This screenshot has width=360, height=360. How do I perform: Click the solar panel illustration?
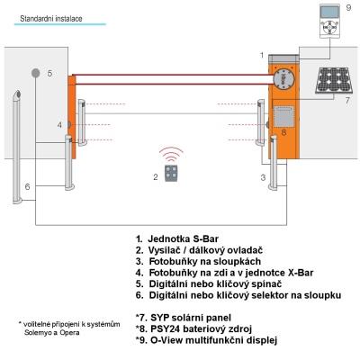(333, 80)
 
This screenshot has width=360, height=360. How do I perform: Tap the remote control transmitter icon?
(171, 173)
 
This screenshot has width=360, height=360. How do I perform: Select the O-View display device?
(329, 21)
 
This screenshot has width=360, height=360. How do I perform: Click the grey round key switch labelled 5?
(35, 73)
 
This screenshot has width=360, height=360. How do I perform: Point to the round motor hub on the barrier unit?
(283, 78)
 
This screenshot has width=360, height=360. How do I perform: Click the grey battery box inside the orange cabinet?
(283, 116)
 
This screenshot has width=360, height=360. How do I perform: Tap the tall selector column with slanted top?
(17, 147)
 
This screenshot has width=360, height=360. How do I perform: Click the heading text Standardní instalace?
(51, 19)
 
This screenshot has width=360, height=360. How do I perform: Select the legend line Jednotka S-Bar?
(177, 239)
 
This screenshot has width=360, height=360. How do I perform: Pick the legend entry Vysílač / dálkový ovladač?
(199, 250)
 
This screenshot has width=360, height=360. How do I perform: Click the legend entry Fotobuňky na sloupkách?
(198, 261)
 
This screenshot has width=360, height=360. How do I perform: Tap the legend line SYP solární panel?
(184, 318)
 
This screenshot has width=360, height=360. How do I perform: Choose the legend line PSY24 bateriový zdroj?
(193, 328)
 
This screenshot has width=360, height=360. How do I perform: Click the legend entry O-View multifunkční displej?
(206, 340)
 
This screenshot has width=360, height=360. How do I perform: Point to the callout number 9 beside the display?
(348, 7)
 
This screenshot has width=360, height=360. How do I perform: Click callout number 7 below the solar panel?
(347, 101)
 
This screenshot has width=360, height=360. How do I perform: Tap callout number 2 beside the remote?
(156, 177)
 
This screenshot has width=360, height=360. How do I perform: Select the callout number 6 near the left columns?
(27, 186)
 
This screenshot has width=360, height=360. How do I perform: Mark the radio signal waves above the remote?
(171, 154)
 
